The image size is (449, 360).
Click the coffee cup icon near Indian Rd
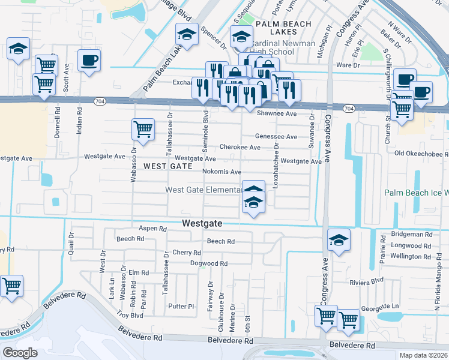point(89,61)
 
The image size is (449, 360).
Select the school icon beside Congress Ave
point(339,241)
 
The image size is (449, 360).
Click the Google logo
point(20,353)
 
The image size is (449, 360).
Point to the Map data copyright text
point(423,355)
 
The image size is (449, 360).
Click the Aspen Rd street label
point(152,229)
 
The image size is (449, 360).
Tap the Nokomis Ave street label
point(221,172)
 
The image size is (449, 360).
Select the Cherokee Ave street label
point(240,147)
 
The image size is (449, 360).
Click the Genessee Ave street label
point(276,137)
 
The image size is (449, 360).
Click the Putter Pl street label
point(181,306)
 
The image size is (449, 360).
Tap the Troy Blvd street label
point(129,315)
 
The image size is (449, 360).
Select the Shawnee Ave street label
point(277,113)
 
